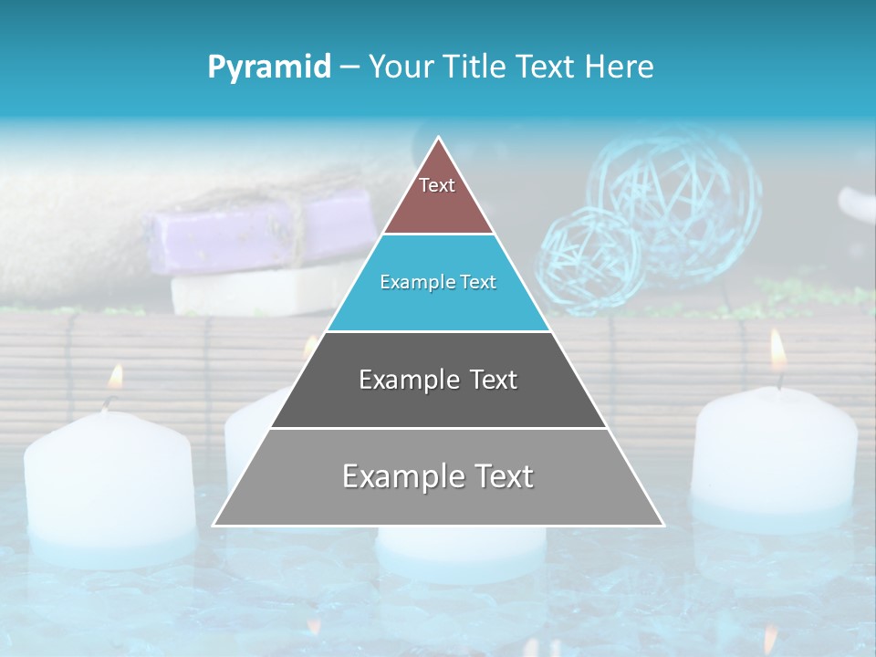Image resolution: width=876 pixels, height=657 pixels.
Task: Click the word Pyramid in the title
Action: click(268, 67)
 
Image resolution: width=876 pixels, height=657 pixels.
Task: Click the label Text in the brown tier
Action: click(437, 185)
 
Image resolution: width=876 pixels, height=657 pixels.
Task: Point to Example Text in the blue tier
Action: click(438, 282)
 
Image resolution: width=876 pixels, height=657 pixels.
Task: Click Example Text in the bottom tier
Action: click(438, 476)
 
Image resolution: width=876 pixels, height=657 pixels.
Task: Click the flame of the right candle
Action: click(777, 350)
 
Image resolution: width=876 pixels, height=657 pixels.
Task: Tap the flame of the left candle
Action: click(116, 376)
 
